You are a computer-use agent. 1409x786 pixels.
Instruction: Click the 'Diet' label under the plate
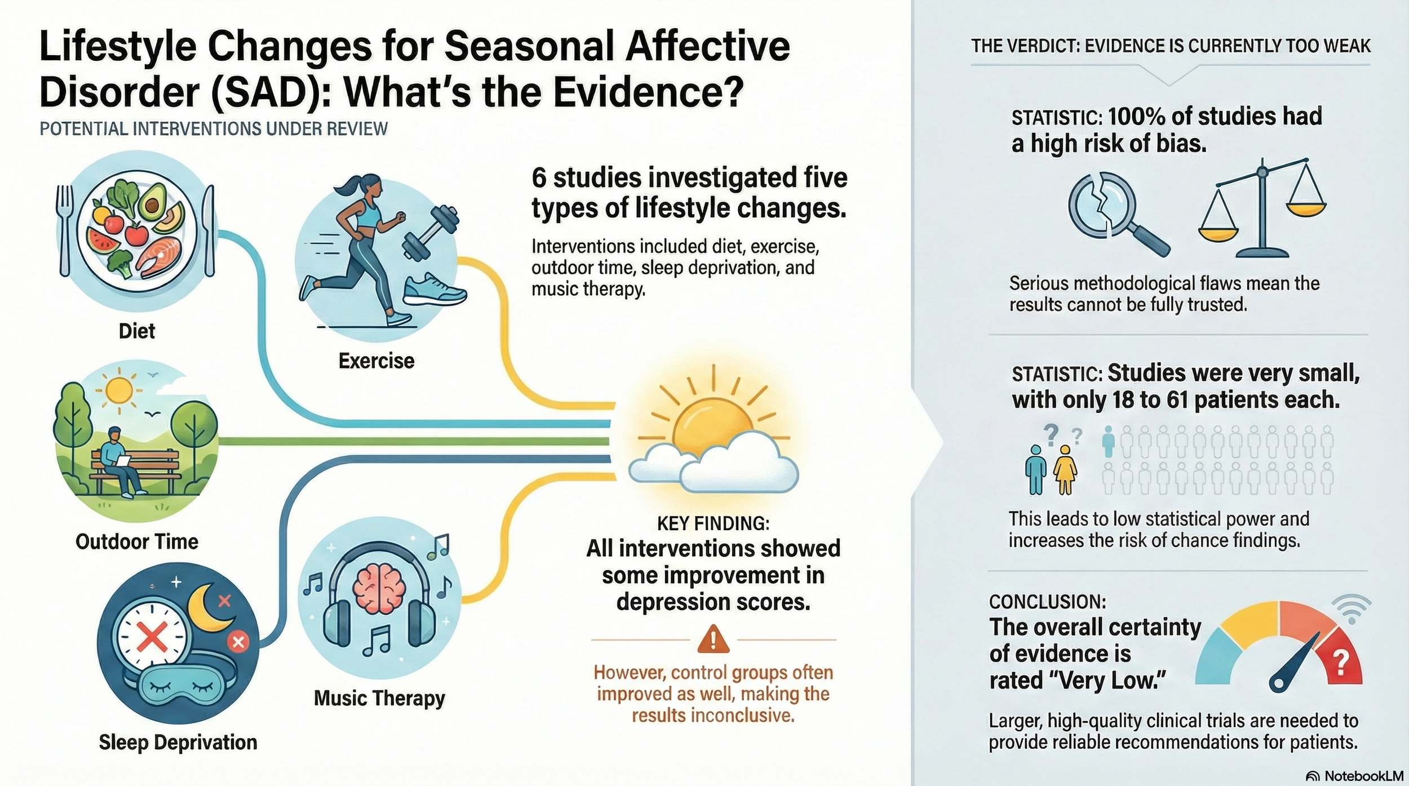tap(137, 331)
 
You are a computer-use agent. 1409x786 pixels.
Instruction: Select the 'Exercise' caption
tap(376, 361)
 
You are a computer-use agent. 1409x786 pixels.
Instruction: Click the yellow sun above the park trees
tap(119, 390)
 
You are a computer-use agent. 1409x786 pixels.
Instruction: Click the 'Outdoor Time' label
tap(137, 541)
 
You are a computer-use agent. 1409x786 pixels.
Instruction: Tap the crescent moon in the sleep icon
tap(208, 609)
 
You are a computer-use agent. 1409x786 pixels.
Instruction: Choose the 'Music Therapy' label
tap(379, 698)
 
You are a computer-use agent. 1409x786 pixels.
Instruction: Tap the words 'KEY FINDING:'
tap(713, 523)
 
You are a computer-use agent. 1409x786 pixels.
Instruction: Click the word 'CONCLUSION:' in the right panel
tap(1047, 602)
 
